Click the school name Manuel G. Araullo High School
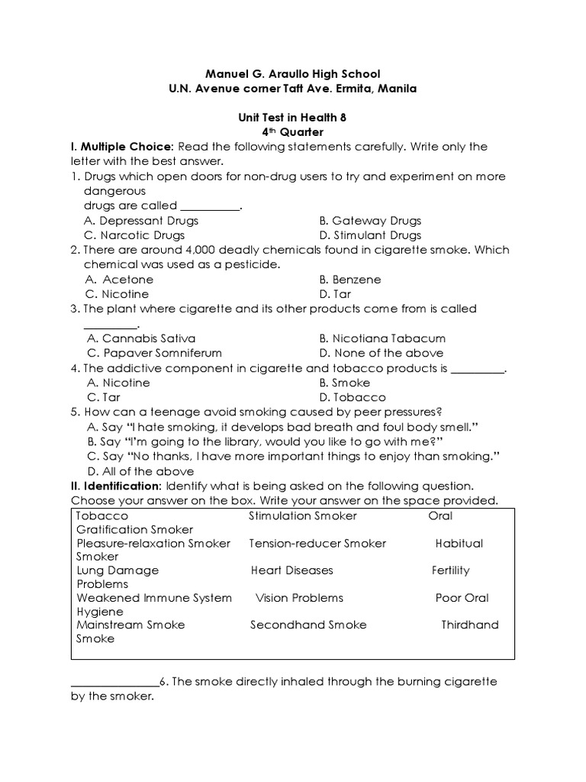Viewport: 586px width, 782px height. pos(293,74)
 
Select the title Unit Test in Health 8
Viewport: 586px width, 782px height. pos(293,118)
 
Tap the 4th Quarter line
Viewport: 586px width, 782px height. pos(293,131)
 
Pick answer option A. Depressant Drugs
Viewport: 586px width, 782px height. pos(141,221)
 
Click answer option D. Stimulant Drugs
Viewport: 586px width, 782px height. pos(370,235)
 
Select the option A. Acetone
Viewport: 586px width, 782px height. pos(120,280)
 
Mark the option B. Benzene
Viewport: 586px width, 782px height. pos(350,280)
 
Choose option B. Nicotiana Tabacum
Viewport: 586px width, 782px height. pos(383,338)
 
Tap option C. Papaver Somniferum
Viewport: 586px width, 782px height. pos(154,353)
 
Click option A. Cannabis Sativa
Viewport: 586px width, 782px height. pos(141,338)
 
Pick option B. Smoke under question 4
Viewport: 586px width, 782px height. pos(345,383)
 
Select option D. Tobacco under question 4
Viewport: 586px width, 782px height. pos(353,397)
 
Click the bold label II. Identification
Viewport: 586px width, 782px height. pos(116,486)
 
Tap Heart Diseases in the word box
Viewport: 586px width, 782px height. pos(292,570)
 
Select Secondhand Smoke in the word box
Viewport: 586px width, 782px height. pos(308,625)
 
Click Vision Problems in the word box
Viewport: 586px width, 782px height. pos(299,598)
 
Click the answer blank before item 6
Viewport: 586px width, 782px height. pos(114,682)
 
